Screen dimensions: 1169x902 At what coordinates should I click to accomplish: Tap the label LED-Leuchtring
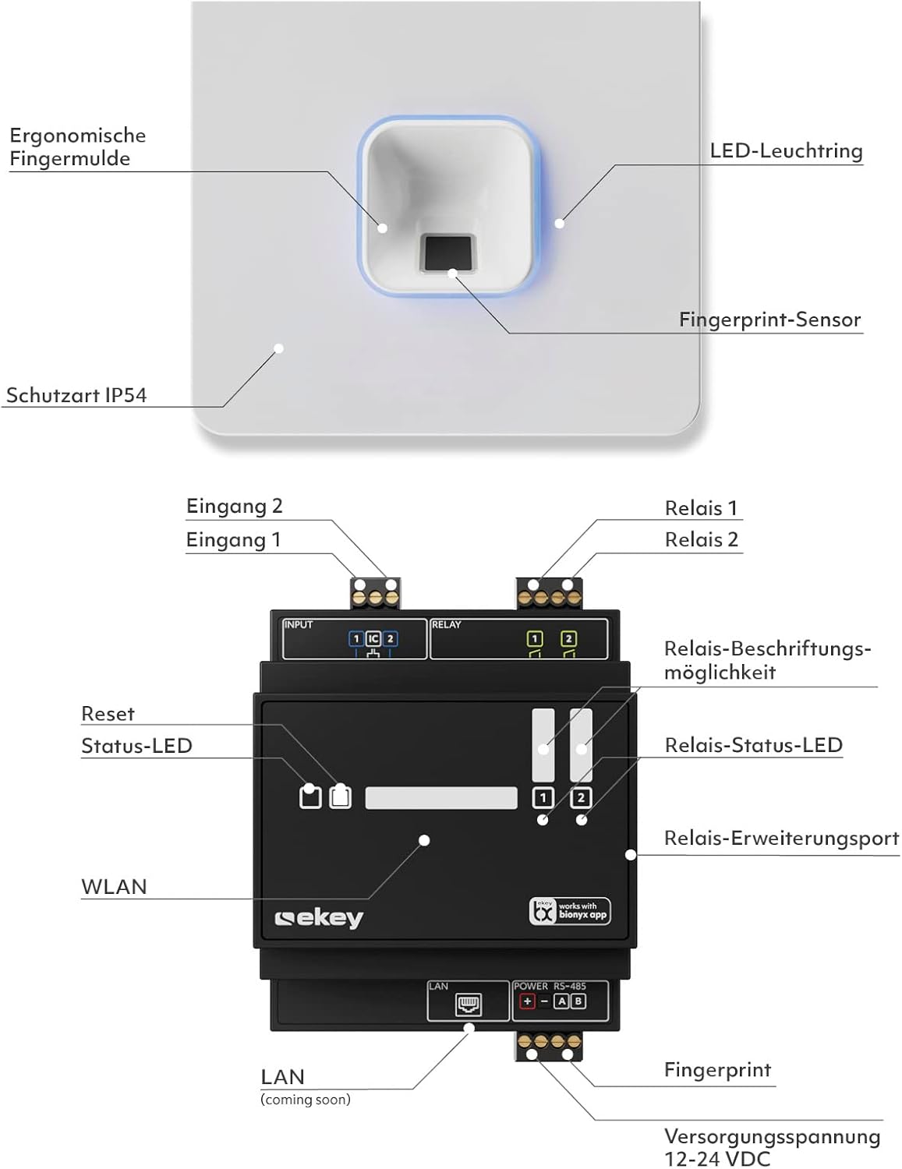786,150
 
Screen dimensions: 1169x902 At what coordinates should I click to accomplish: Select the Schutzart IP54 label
76,395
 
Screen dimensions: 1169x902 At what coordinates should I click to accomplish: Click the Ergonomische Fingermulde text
77,147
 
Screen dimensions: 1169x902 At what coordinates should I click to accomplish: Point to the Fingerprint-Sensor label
769,320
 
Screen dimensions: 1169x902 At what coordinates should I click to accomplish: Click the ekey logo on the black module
320,918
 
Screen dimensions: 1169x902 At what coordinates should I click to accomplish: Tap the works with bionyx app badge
570,911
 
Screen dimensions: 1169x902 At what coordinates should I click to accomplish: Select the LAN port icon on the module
469,1005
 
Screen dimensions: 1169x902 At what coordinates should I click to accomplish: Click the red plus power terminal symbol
527,1001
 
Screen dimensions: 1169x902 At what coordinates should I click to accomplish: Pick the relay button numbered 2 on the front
581,797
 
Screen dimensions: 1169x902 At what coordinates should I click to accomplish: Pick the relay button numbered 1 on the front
543,797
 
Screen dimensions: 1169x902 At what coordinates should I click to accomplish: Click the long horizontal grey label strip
441,798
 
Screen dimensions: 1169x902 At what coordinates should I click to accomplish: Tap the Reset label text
108,714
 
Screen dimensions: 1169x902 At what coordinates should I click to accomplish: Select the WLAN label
114,887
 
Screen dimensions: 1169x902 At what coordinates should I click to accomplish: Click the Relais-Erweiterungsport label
781,839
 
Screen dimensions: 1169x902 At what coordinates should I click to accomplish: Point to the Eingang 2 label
234,507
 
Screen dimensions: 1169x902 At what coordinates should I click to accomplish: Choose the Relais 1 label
701,508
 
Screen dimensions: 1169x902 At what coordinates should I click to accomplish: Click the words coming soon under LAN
306,1100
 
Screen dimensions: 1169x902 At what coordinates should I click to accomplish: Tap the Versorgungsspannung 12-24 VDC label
772,1147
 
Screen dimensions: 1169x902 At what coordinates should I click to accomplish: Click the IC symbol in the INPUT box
373,639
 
